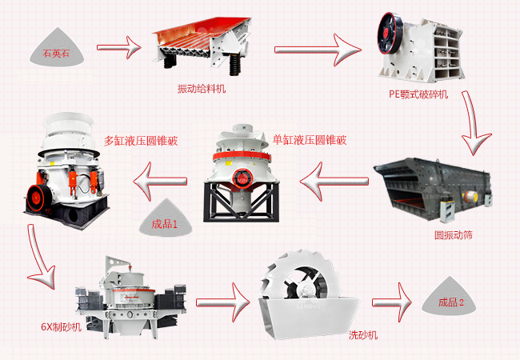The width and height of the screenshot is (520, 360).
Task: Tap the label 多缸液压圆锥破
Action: (x=141, y=140)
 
